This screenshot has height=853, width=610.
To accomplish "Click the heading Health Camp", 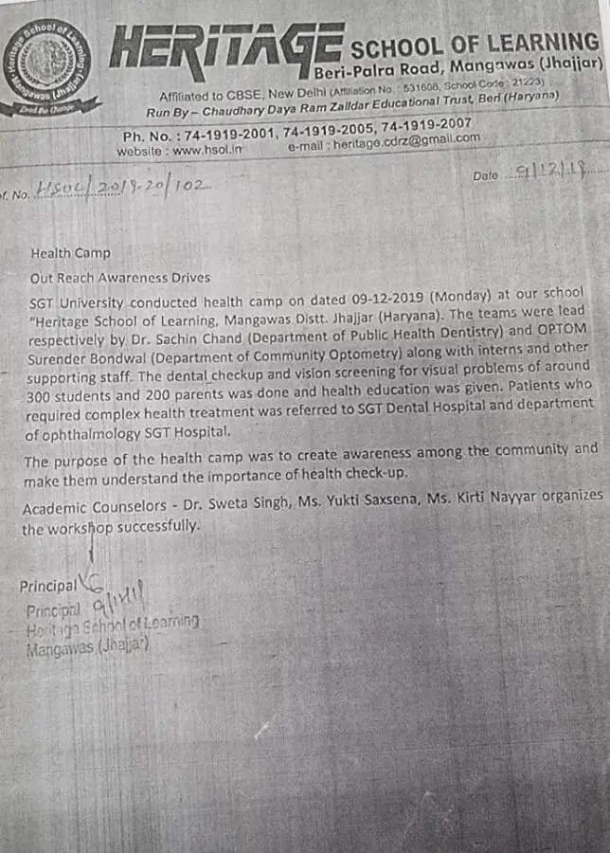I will (70, 253).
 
